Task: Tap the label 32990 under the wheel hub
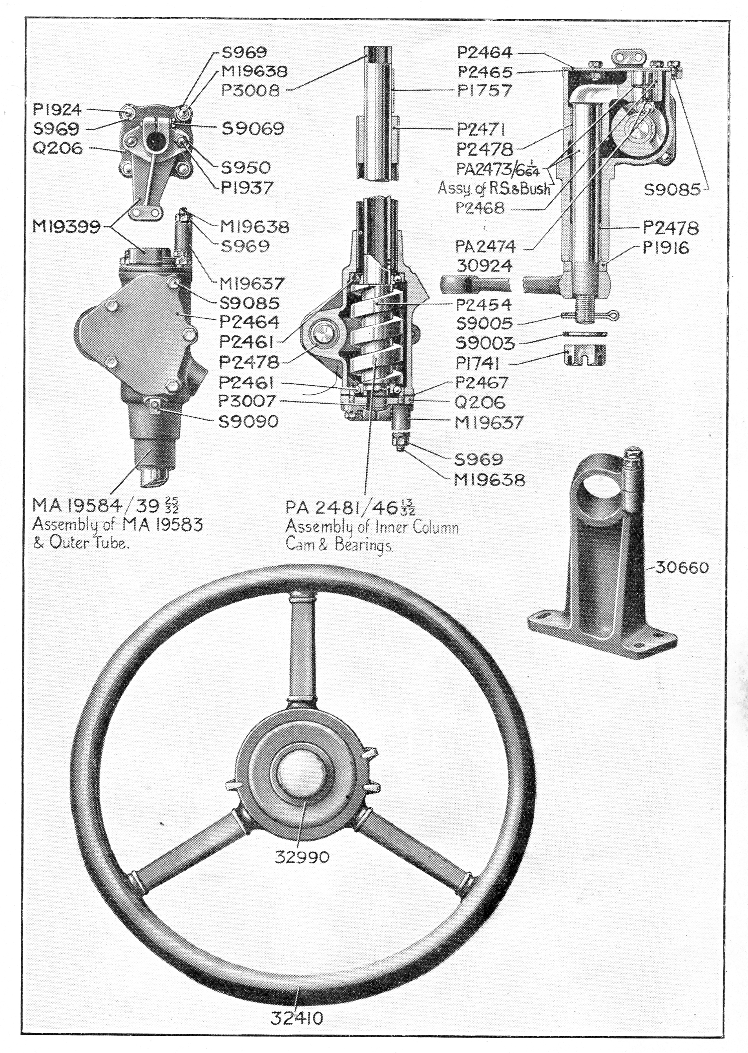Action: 302,856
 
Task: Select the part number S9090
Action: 248,421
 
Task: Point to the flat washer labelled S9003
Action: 584,334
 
